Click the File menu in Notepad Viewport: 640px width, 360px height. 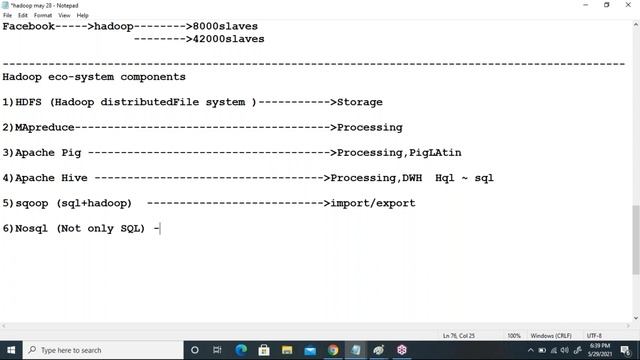[8, 15]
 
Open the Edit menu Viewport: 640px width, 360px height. [23, 15]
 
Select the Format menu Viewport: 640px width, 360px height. [43, 15]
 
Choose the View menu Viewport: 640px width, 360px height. [64, 15]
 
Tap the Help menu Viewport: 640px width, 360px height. [82, 15]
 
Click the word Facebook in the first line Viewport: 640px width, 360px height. [28, 26]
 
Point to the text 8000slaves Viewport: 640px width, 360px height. [226, 26]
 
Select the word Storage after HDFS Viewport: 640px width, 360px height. [359, 102]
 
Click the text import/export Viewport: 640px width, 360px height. [375, 203]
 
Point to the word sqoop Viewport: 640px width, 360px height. [32, 203]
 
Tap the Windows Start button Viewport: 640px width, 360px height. [10, 350]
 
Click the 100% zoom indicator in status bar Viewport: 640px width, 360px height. [514, 335]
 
